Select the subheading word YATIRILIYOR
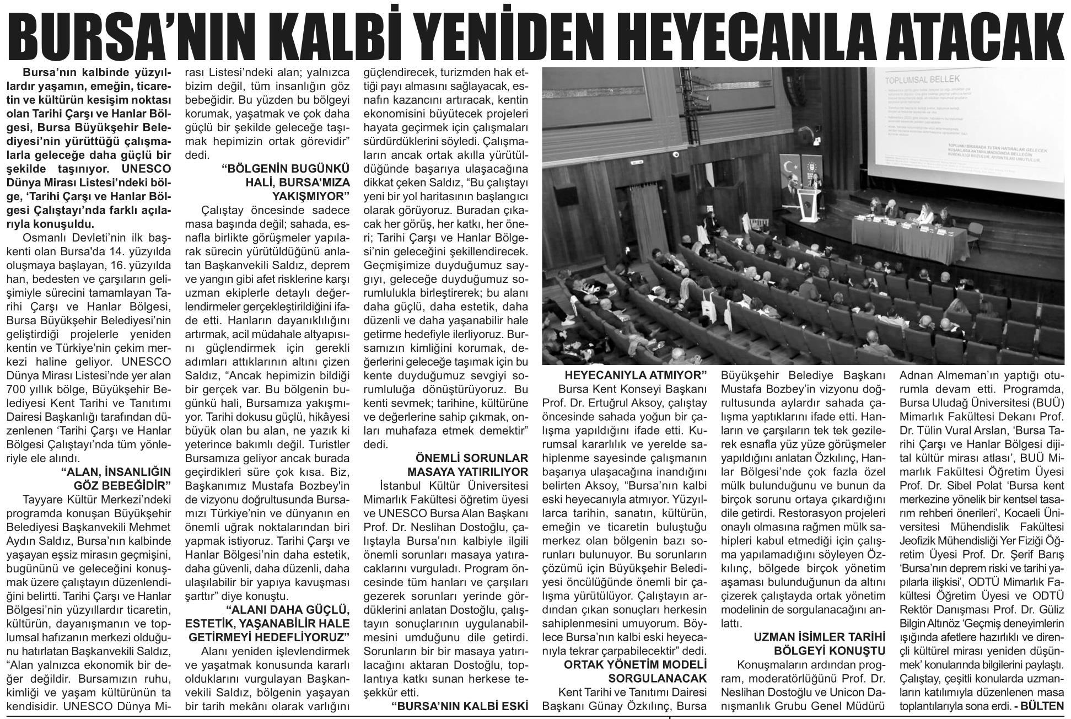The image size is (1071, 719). pyautogui.click(x=468, y=472)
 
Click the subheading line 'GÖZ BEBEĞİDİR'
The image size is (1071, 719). pyautogui.click(x=122, y=485)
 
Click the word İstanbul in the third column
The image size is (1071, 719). pyautogui.click(x=401, y=486)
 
